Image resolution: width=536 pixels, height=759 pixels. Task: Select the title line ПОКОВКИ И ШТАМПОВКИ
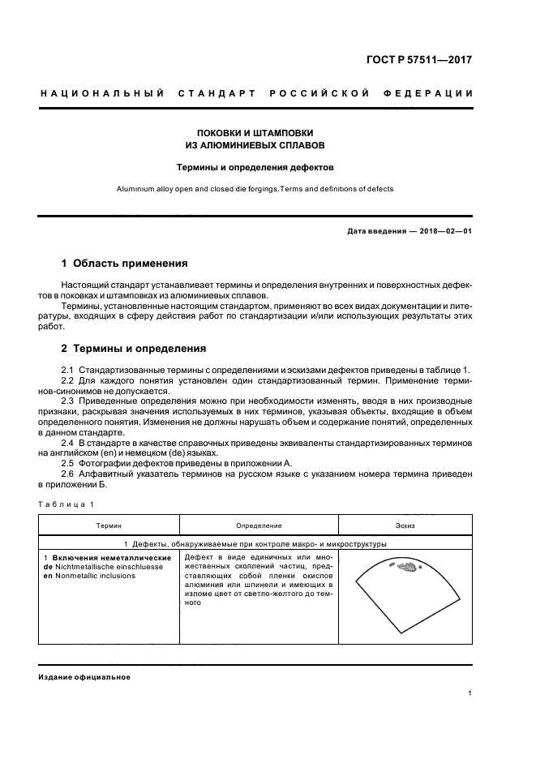coord(255,132)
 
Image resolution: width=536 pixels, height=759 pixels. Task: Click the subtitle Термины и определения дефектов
coord(255,168)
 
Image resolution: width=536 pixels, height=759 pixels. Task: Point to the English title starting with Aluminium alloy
coord(255,189)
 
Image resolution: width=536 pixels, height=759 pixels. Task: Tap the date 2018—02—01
coord(444,232)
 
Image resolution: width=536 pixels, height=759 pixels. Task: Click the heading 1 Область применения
coord(125,264)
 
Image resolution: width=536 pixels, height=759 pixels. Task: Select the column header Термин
coord(109,526)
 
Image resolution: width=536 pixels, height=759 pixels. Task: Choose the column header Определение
coord(259,526)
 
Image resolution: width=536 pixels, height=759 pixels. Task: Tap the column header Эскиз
coord(405,526)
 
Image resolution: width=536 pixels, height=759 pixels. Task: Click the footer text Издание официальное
coord(84,677)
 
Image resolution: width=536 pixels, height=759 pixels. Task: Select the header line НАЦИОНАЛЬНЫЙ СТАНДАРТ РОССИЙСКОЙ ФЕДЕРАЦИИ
coord(256,94)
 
